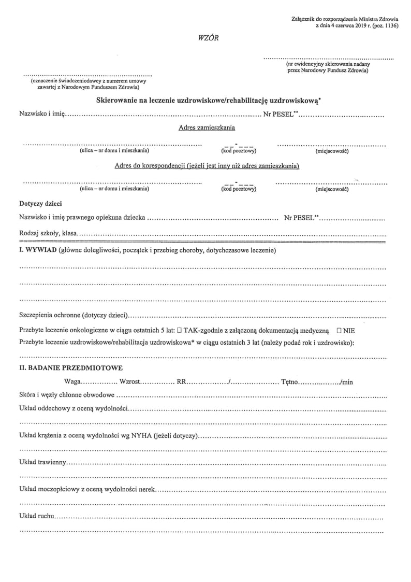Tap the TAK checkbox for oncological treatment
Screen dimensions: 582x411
179,330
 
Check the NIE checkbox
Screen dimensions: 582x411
339,330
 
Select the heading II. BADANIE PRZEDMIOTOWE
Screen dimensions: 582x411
70,368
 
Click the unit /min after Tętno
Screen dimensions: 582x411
346,382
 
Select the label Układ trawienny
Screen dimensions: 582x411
42,461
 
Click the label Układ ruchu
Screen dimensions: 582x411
36,517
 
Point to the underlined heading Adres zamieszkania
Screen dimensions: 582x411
206,127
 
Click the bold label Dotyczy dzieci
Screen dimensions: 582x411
40,204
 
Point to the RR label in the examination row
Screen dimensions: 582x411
182,382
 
